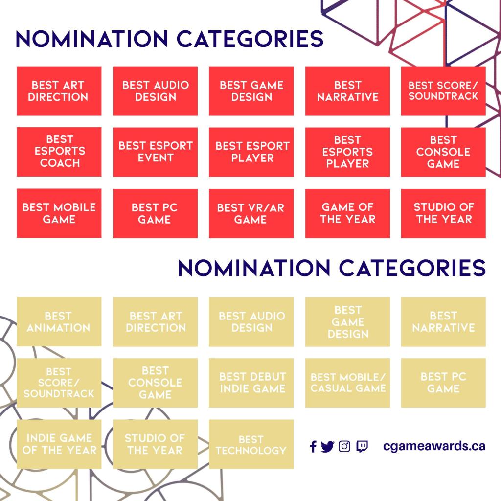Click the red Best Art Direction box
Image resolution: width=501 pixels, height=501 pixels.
tap(59, 91)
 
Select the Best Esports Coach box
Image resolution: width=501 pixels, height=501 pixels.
tap(59, 152)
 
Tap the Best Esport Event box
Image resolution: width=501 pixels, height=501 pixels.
tap(155, 152)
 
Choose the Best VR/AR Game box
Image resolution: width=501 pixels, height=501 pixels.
tap(251, 213)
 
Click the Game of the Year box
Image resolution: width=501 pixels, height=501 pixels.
tap(348, 213)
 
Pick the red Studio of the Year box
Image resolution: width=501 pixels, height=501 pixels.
tap(443, 213)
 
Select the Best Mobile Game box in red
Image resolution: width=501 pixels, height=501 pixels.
tap(59, 213)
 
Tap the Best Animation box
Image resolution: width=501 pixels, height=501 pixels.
tap(59, 322)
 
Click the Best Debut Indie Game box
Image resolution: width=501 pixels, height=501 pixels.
tap(251, 383)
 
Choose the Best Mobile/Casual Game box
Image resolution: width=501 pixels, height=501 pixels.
tap(348, 383)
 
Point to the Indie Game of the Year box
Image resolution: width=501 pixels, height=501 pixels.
tap(59, 444)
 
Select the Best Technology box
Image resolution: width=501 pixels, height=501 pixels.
tap(251, 444)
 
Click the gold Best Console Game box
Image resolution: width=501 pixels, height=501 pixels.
tap(155, 383)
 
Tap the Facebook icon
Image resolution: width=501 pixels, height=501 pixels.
tap(314, 446)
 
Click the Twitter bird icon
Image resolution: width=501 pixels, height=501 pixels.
tap(327, 446)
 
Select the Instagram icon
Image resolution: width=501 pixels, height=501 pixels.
tap(344, 446)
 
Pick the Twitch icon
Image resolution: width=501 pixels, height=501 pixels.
tap(362, 446)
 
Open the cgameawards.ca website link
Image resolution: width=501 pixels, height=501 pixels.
tap(434, 446)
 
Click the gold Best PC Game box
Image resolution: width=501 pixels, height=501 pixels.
tap(443, 383)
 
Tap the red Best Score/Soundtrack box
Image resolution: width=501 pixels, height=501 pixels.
tap(443, 91)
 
